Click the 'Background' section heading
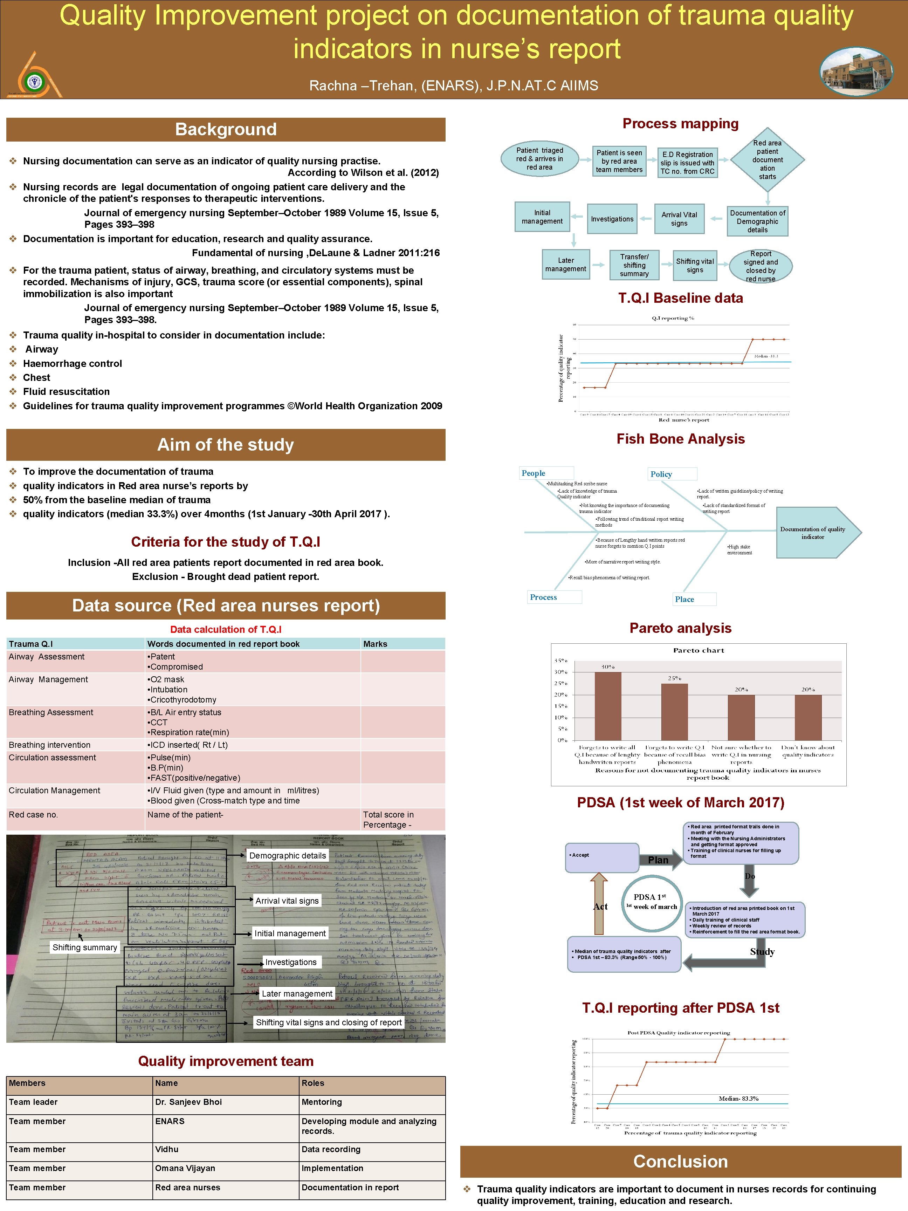tap(226, 130)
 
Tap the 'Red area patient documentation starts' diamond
tap(767, 160)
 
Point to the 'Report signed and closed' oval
tap(761, 266)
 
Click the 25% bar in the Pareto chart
tap(674, 712)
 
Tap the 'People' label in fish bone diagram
tap(534, 473)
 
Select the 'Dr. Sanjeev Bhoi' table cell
tap(188, 1102)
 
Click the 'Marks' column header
tap(376, 644)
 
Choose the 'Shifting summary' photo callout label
tap(85, 947)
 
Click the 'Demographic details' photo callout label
tap(287, 856)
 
